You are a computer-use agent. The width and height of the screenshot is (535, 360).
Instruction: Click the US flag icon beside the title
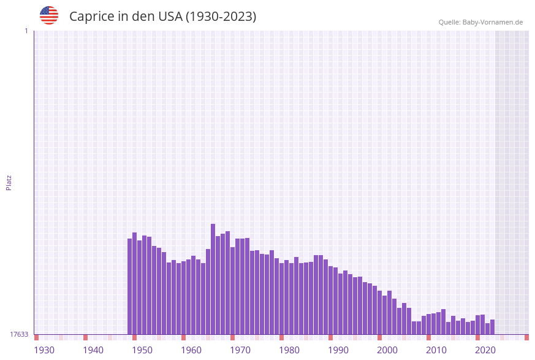click(x=49, y=15)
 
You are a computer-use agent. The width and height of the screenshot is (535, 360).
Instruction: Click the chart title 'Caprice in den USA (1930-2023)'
click(x=162, y=17)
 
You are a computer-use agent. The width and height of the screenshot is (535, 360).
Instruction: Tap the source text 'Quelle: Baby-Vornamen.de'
click(x=480, y=22)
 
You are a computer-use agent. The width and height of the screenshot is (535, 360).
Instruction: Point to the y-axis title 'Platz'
click(x=9, y=182)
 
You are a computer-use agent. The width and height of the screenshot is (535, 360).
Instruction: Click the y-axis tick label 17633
click(x=19, y=334)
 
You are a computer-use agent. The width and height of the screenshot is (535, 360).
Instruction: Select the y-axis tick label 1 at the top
click(x=26, y=31)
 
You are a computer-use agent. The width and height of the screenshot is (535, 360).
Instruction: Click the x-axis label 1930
click(x=44, y=350)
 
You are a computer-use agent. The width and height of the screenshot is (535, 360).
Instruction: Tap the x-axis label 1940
click(x=93, y=350)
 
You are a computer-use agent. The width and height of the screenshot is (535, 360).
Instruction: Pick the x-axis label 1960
click(x=191, y=350)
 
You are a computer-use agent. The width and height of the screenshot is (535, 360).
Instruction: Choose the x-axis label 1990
click(x=338, y=350)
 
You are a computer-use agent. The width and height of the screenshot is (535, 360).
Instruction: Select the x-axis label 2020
click(x=485, y=350)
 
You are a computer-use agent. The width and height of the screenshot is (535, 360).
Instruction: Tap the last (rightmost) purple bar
click(x=492, y=327)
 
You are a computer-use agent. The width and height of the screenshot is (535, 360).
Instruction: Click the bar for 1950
click(x=145, y=285)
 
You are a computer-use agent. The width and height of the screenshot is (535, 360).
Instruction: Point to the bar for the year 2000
click(x=390, y=313)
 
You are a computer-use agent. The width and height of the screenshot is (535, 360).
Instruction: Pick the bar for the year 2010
click(x=439, y=323)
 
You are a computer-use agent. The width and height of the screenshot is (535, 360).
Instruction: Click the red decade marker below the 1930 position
click(x=37, y=337)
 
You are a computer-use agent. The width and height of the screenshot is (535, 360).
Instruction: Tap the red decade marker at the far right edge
click(x=526, y=337)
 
